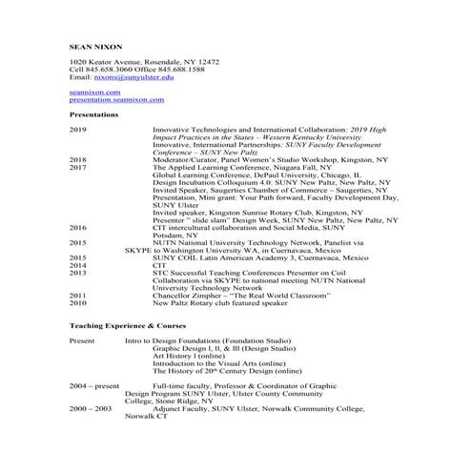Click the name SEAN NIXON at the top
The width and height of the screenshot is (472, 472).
pyautogui.click(x=94, y=45)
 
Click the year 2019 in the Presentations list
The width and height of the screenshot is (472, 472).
pyautogui.click(x=78, y=129)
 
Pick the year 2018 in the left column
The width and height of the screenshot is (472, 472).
pyautogui.click(x=78, y=159)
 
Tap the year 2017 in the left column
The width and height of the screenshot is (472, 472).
pyautogui.click(x=78, y=167)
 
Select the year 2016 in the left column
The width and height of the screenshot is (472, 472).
pyautogui.click(x=78, y=228)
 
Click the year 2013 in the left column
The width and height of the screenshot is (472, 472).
pyautogui.click(x=78, y=273)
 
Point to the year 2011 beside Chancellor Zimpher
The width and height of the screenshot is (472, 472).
pyautogui.click(x=78, y=296)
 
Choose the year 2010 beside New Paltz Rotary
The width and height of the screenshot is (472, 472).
pyautogui.click(x=78, y=303)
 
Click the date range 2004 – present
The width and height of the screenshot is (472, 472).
pyautogui.click(x=94, y=386)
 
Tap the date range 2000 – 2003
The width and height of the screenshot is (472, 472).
pyautogui.click(x=91, y=408)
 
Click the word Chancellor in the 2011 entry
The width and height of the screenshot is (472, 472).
pyautogui.click(x=174, y=296)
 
